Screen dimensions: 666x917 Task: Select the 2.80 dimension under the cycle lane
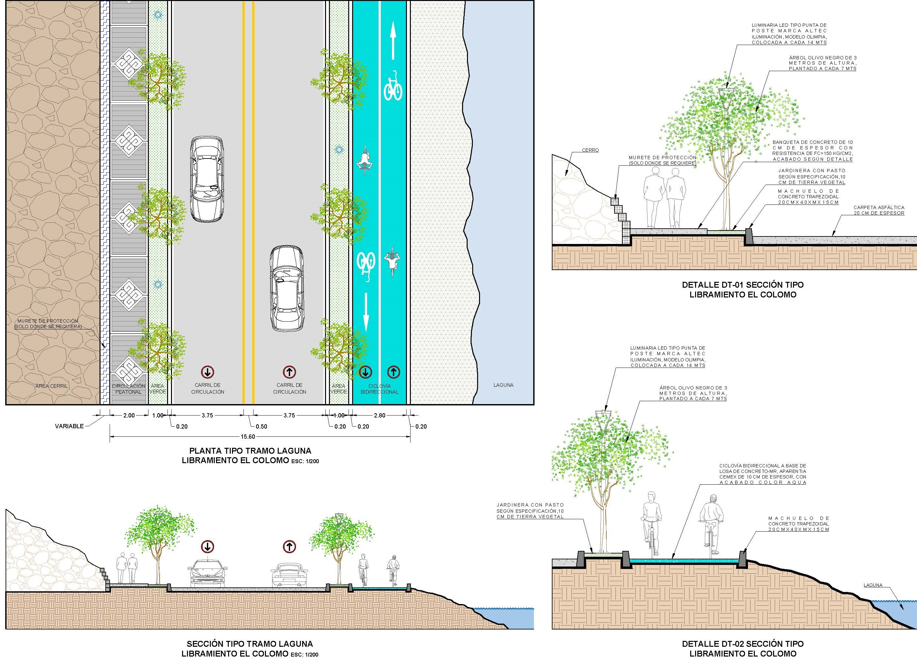click(380, 416)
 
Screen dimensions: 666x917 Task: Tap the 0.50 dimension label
click(262, 426)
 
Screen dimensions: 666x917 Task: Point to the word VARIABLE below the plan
click(69, 426)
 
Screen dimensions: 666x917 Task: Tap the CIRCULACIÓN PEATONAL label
click(128, 389)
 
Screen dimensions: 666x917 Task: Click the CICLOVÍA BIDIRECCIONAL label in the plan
click(379, 389)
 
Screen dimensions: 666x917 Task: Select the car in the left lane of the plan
click(207, 179)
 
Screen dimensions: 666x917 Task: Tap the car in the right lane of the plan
click(287, 289)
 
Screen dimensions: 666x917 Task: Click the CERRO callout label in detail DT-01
click(590, 150)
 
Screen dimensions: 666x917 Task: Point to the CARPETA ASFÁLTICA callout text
click(878, 210)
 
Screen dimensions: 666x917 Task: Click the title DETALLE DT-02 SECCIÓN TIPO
click(743, 644)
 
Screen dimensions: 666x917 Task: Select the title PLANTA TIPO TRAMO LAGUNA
click(250, 451)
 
